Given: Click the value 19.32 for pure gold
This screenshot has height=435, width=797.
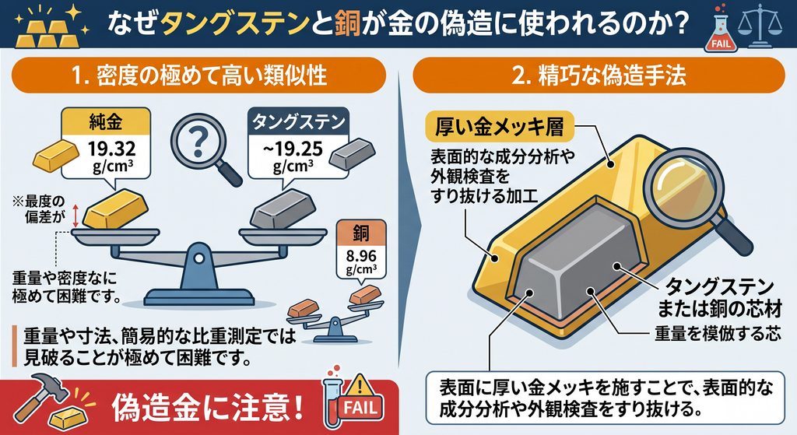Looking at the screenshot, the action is click(112, 149).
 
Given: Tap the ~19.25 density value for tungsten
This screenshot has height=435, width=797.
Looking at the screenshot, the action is click(293, 149).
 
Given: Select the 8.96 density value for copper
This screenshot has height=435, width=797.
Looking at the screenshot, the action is click(361, 255).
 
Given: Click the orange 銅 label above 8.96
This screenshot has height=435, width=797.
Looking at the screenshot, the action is click(361, 233).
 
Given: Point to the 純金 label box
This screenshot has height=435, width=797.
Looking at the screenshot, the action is click(106, 122).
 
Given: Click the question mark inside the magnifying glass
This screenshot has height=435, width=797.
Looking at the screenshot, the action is click(198, 141).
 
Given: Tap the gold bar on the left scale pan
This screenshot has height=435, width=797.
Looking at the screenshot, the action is click(115, 209).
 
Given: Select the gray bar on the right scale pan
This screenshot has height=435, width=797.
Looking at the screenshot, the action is click(283, 209).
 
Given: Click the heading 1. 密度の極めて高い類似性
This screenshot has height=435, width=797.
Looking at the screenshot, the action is click(198, 75).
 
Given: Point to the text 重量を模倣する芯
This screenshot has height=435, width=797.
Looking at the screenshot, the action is click(717, 333).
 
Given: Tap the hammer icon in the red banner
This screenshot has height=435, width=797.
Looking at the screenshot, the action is click(36, 398).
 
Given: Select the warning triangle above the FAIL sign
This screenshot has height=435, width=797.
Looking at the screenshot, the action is click(360, 384).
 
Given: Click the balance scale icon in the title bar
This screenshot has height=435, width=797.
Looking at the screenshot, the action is click(760, 26).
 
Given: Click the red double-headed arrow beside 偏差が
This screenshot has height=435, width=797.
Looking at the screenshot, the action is click(75, 216).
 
